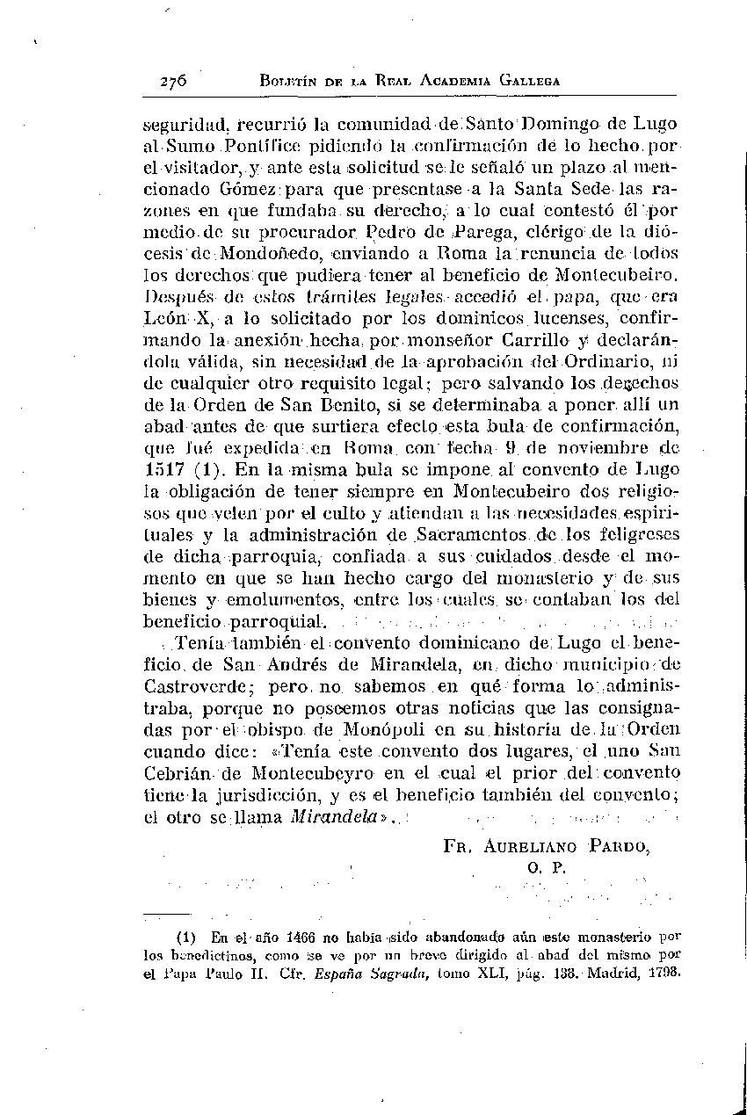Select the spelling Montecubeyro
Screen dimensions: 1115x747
pyautogui.click(x=317, y=773)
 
